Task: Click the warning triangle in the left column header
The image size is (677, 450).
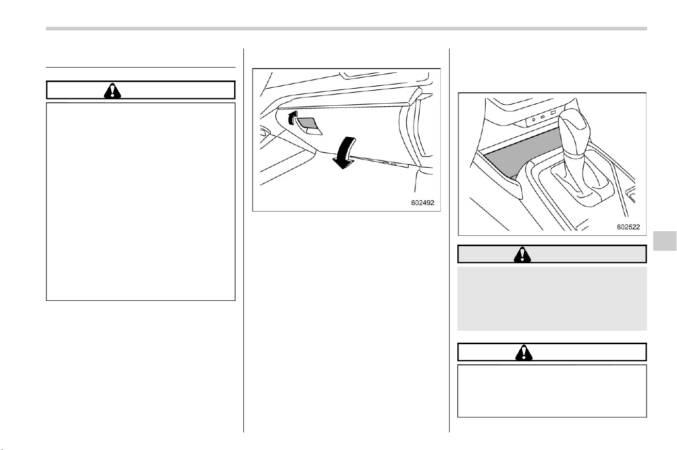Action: click(112, 90)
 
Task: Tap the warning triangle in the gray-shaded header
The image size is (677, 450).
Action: click(522, 254)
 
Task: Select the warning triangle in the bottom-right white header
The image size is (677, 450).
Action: click(524, 352)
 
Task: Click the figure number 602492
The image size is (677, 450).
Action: click(422, 203)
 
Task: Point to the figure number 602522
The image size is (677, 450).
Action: click(629, 227)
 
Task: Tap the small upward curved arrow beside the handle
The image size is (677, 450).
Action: click(292, 118)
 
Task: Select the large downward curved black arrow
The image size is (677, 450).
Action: click(344, 153)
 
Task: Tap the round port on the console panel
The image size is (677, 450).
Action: click(534, 120)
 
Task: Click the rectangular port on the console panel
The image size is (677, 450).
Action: click(553, 112)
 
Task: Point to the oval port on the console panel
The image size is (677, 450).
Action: click(543, 117)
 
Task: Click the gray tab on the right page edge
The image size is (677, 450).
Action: click(665, 241)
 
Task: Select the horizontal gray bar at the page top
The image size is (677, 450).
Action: click(346, 29)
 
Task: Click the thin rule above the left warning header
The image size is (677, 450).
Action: click(141, 67)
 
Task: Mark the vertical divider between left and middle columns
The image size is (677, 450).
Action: click(243, 240)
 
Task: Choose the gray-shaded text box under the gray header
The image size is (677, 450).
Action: click(552, 298)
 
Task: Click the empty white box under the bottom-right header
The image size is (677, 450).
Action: click(552, 391)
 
